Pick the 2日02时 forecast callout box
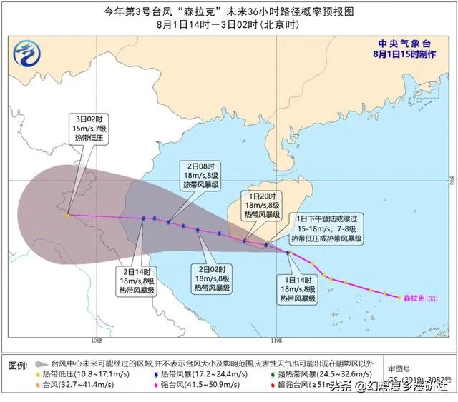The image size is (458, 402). [213, 278]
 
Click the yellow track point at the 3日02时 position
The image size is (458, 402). [67, 213]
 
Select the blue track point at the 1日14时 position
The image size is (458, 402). [289, 253]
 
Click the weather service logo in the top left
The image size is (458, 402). [28, 51]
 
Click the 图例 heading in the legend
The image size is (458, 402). [19, 364]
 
